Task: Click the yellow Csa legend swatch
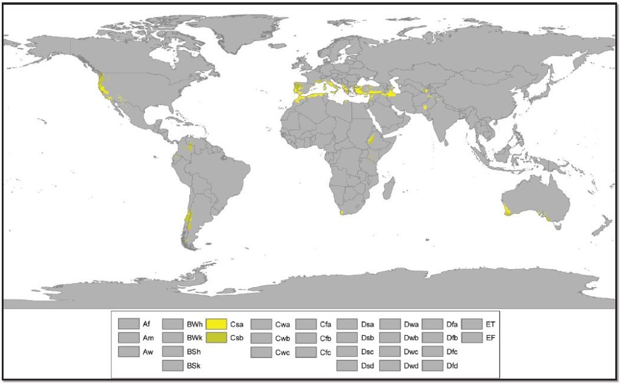tap(217, 323)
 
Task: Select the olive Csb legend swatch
tap(217, 337)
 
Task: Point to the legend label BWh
tap(195, 323)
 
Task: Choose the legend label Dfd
tap(452, 365)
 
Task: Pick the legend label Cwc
tap(283, 351)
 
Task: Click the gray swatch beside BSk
tap(173, 365)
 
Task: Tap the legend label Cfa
tap(325, 323)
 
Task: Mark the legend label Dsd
tap(368, 365)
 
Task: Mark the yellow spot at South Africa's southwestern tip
tap(342, 213)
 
